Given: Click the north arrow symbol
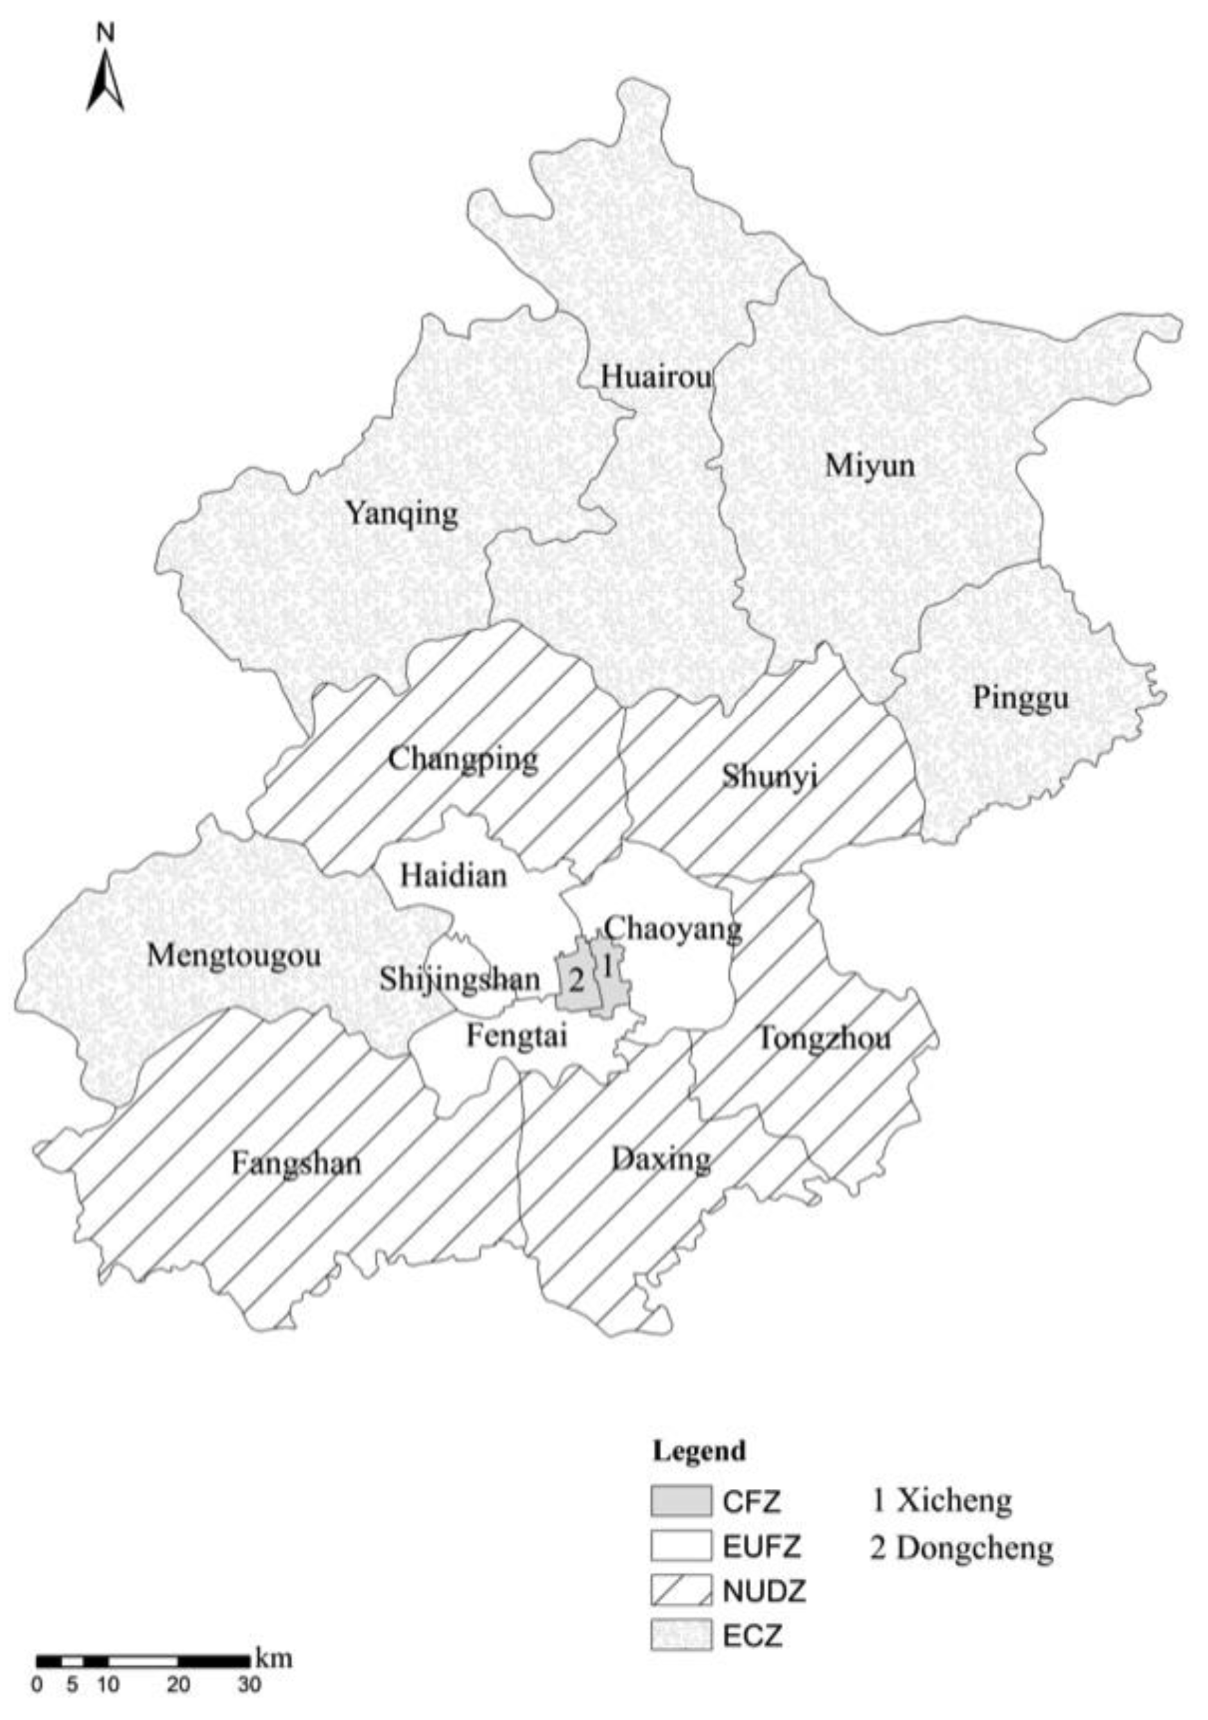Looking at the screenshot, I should coord(105,79).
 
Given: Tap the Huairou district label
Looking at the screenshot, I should coord(656,377).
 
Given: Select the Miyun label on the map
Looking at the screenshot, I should coord(870,466).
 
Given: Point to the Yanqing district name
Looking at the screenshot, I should coord(401,515).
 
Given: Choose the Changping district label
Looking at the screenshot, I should coord(463,760).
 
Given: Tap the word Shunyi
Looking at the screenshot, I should coord(769,777).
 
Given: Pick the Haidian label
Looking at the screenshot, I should coord(453,875).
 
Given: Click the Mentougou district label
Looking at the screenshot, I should coord(234,955).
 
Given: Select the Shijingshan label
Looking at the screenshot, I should coord(459,980).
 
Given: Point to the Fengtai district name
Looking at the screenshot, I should coord(516,1037).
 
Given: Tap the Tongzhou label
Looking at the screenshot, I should coord(824,1039).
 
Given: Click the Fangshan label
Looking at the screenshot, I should coord(296,1163).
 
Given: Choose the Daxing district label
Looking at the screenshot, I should coord(660,1160).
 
